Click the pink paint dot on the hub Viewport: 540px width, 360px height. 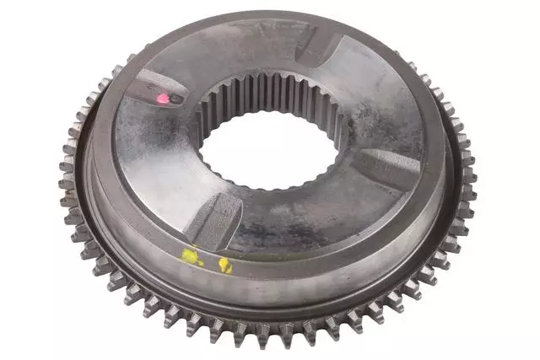coord(163,99)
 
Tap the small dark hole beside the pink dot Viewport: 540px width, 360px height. coord(175,99)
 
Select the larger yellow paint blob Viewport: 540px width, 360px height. coord(192,256)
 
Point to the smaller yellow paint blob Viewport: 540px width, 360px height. coord(225,266)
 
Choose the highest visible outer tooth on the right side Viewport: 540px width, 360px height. coord(413,64)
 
